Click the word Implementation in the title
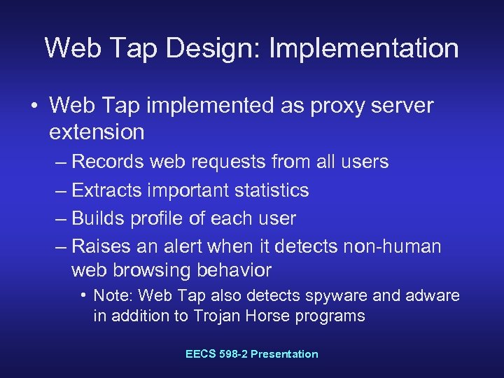click(x=364, y=48)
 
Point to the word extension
click(x=97, y=132)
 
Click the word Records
click(x=107, y=162)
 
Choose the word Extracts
click(x=106, y=190)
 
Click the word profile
click(x=155, y=218)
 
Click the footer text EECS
click(x=201, y=354)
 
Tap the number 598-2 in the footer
click(x=234, y=354)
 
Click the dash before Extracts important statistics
click(x=61, y=190)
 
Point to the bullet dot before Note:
click(x=83, y=295)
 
